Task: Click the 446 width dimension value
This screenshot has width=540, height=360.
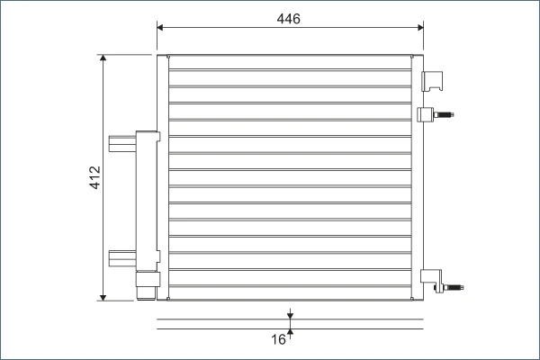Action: coord(289,18)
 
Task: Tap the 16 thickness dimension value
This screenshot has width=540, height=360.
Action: coord(278,339)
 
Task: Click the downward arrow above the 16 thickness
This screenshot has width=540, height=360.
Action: coord(290,314)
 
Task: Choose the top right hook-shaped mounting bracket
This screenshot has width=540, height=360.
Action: coord(436,80)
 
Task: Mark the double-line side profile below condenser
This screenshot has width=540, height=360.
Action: coord(290,323)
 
